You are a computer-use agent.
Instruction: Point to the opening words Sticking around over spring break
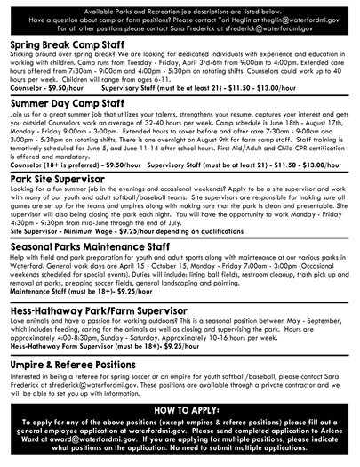click(53, 55)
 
